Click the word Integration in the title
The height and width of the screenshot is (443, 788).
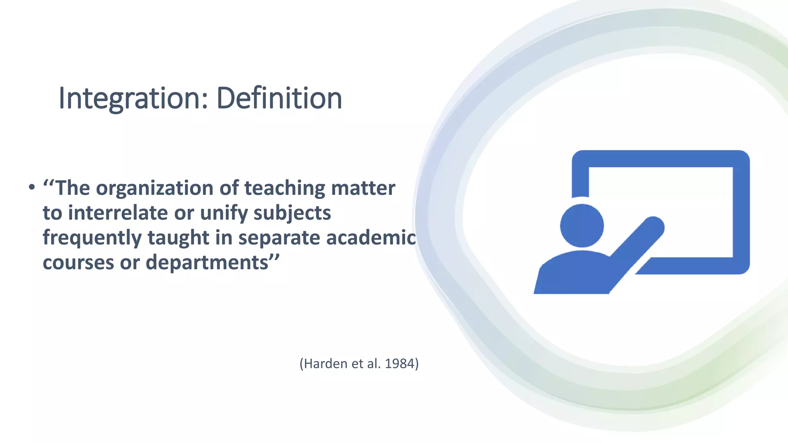pos(129,98)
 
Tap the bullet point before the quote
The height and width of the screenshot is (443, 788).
pos(32,188)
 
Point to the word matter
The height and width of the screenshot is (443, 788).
pos(363,188)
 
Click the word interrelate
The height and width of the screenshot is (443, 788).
pos(118,213)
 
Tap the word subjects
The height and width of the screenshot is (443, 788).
pos(292,214)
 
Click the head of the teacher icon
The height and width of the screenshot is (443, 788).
pos(582,226)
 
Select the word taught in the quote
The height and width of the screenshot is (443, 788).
pos(178,238)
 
